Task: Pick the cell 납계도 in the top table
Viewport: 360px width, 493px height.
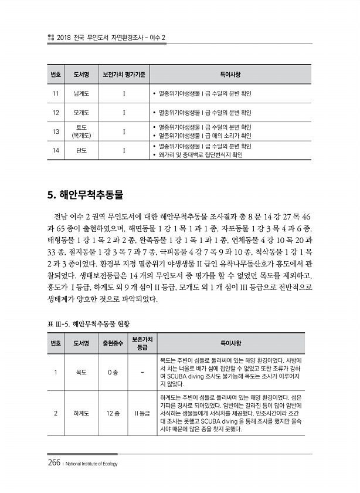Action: pyautogui.click(x=81, y=93)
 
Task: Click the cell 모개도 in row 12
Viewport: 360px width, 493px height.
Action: pyautogui.click(x=81, y=112)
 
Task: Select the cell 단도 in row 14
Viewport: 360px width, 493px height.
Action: pyautogui.click(x=81, y=150)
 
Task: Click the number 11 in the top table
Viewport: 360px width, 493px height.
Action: pyautogui.click(x=56, y=93)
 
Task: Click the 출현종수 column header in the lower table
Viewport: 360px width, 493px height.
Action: pyautogui.click(x=110, y=343)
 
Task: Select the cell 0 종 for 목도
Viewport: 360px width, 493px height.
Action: pyautogui.click(x=110, y=372)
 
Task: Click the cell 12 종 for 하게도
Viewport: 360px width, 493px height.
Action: pyautogui.click(x=110, y=413)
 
